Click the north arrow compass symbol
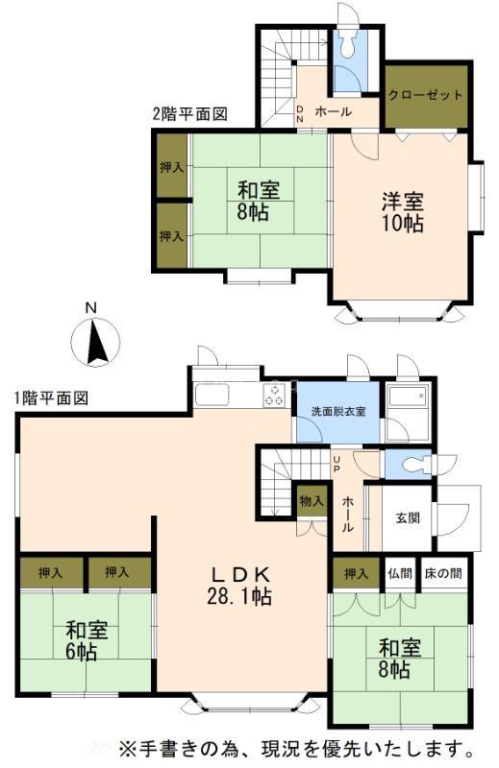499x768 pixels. [x=96, y=342]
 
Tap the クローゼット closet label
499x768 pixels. [x=425, y=95]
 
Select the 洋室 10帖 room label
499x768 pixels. [x=403, y=212]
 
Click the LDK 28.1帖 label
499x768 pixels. [x=239, y=585]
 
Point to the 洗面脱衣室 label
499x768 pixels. [x=338, y=412]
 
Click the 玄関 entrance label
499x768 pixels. [x=408, y=517]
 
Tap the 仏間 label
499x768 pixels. [x=400, y=573]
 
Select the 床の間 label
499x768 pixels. [x=443, y=573]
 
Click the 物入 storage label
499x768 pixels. [x=312, y=501]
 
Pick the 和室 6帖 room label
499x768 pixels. [x=87, y=640]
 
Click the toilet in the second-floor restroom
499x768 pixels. [x=348, y=43]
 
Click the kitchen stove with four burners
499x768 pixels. [x=274, y=395]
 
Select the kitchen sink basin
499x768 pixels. [x=212, y=396]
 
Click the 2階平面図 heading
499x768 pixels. [x=189, y=114]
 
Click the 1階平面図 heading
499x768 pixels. [x=51, y=398]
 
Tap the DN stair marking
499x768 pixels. [x=300, y=114]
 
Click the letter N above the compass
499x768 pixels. [x=90, y=307]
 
